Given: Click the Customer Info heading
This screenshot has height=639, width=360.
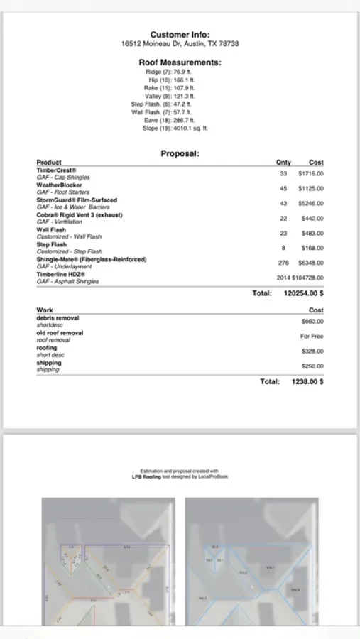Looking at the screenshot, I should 180,34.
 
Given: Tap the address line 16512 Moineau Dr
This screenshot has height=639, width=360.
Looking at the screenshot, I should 180,43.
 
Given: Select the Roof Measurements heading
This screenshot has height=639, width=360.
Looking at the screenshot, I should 180,62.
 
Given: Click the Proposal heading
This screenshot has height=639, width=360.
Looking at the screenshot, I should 180,153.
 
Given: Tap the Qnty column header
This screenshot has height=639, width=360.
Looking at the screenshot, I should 283,163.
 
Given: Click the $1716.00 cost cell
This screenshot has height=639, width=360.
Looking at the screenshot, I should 310,173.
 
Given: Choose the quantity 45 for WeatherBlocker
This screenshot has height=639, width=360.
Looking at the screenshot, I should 283,188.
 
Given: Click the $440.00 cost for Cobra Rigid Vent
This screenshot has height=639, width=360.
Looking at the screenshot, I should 312,218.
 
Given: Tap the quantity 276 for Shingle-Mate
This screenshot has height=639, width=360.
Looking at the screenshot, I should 283,263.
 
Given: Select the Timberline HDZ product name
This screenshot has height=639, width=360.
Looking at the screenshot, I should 61,275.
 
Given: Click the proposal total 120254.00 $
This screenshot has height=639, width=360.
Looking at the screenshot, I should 304,293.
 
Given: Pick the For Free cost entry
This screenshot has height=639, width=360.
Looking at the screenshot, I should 312,336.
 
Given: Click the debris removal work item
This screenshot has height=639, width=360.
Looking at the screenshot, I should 58,318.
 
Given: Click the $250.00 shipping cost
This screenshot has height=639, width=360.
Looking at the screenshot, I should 312,366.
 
